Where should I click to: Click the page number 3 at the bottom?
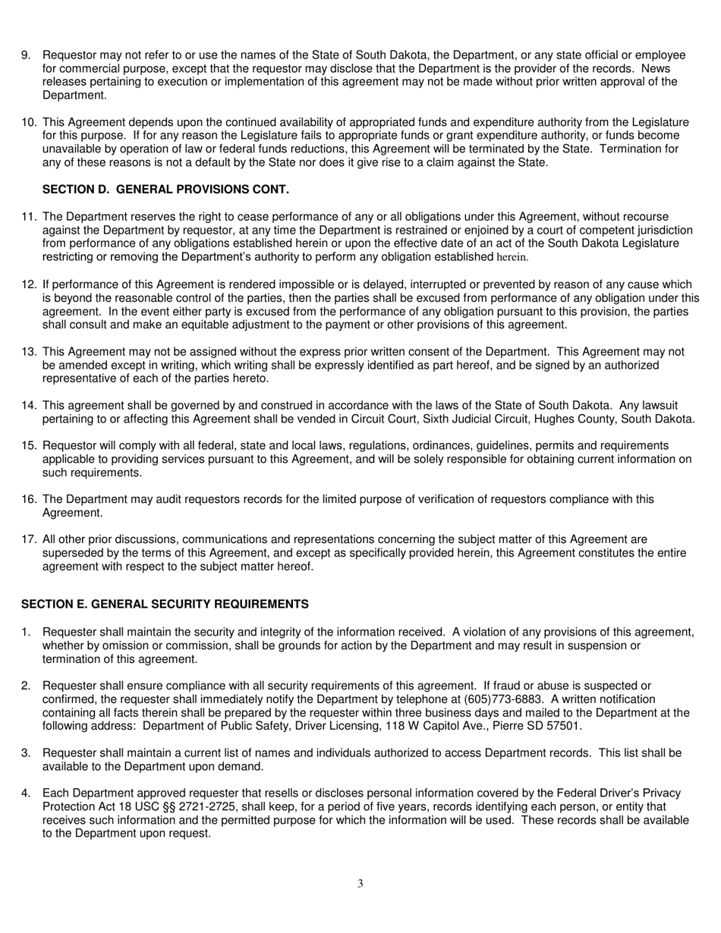click(x=360, y=884)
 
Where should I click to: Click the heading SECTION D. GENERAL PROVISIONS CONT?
click(x=165, y=189)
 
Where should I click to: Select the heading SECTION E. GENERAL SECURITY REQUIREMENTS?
click(x=165, y=604)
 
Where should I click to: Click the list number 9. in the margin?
click(x=26, y=55)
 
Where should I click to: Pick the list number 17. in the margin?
click(x=29, y=539)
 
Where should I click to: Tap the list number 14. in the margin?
click(x=29, y=406)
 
